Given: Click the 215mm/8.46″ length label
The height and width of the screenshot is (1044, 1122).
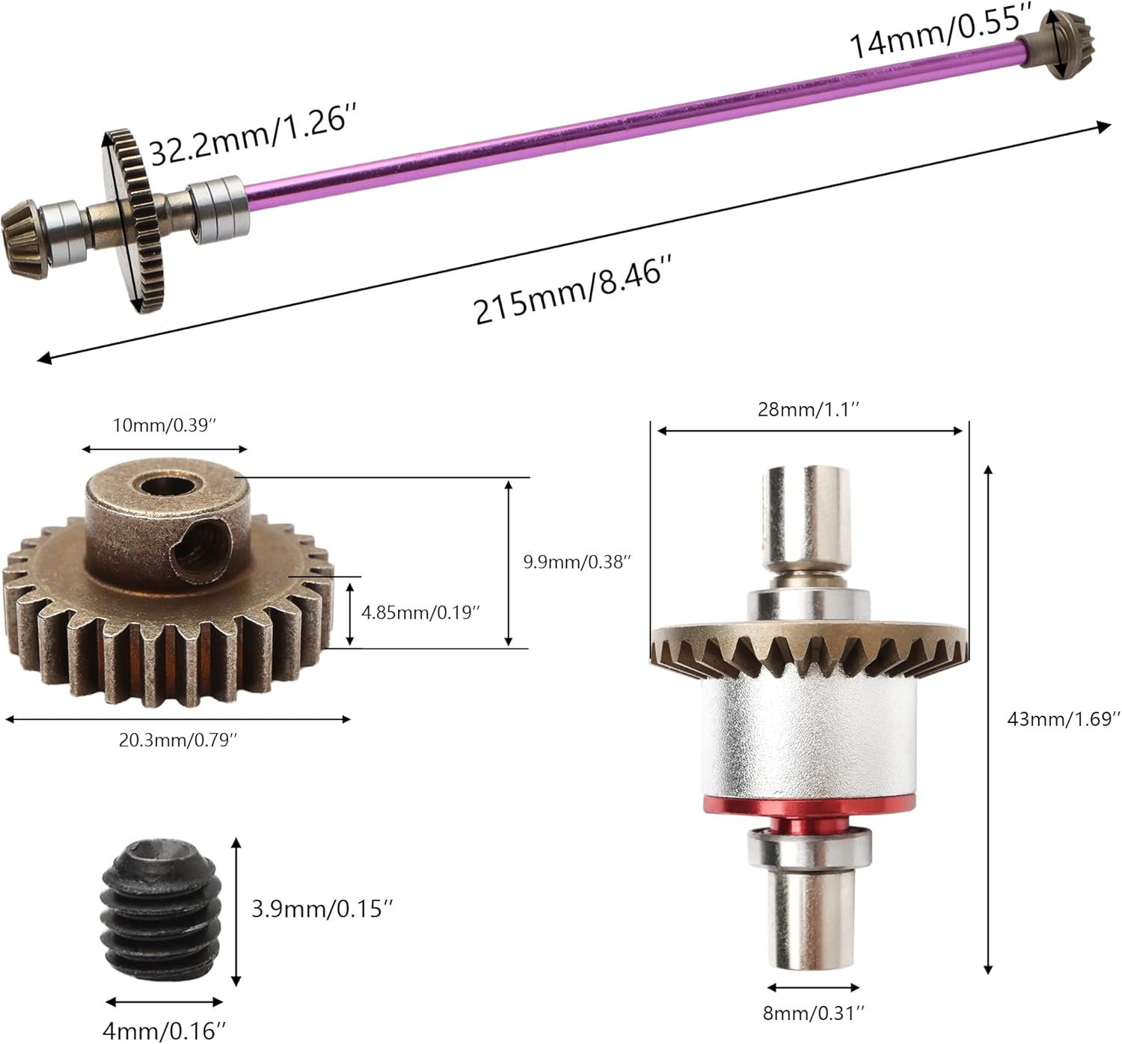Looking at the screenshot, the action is pos(571,290).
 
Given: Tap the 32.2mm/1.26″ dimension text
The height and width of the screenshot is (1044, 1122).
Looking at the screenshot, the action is pos(253,136).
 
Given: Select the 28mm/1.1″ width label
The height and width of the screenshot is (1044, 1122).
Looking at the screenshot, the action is pos(808,409).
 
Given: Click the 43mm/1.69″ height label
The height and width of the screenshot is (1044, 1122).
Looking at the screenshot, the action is pos(1063,719).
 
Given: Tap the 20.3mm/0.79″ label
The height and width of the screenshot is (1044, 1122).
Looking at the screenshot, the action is pos(177,740).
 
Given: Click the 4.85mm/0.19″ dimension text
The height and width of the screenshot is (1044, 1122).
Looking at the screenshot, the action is pos(420,612).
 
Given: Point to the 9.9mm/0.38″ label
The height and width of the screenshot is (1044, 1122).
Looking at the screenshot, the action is pos(576,562).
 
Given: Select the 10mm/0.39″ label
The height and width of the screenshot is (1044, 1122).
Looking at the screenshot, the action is pos(165,425).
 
